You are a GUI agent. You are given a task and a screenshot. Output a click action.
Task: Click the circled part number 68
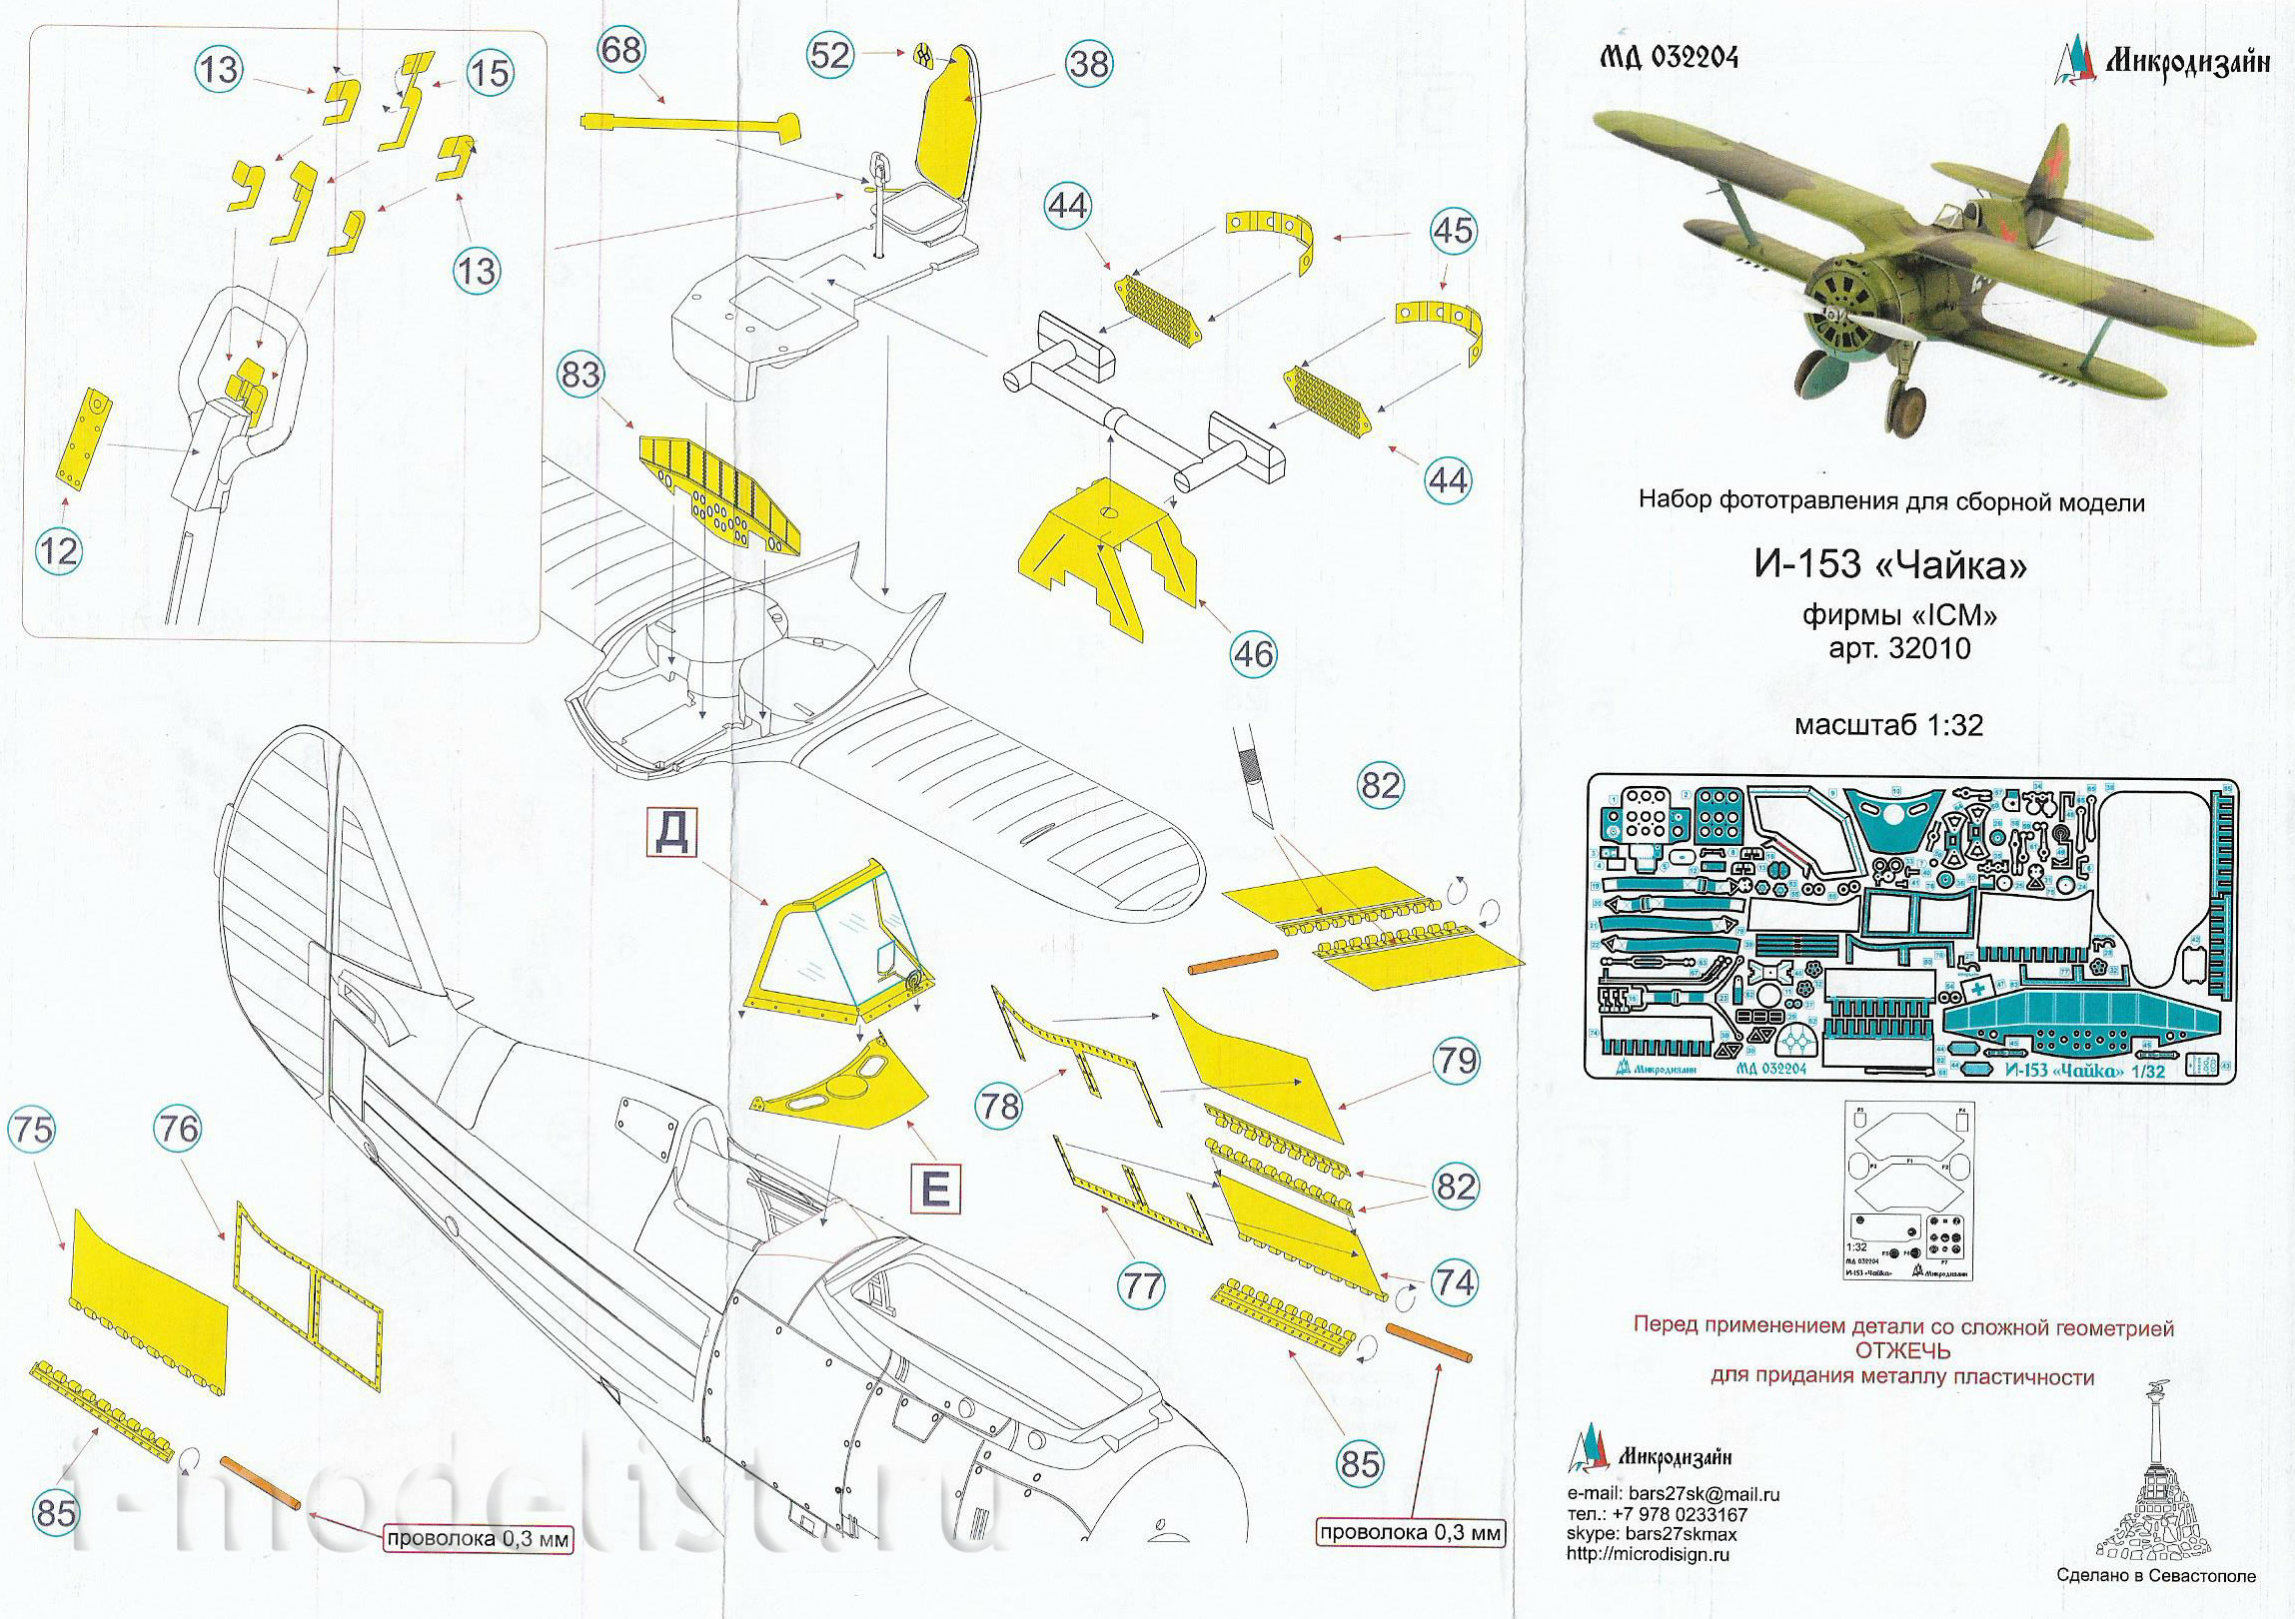click(x=621, y=50)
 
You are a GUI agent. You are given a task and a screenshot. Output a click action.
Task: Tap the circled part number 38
click(x=1089, y=63)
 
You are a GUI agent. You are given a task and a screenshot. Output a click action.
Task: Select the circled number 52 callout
click(x=829, y=55)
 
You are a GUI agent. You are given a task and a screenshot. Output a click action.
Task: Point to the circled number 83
click(x=580, y=376)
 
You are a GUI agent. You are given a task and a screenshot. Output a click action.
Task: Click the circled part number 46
click(x=1255, y=653)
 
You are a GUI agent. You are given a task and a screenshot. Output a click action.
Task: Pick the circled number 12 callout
click(x=57, y=550)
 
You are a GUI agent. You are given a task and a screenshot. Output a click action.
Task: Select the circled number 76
click(x=178, y=1130)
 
